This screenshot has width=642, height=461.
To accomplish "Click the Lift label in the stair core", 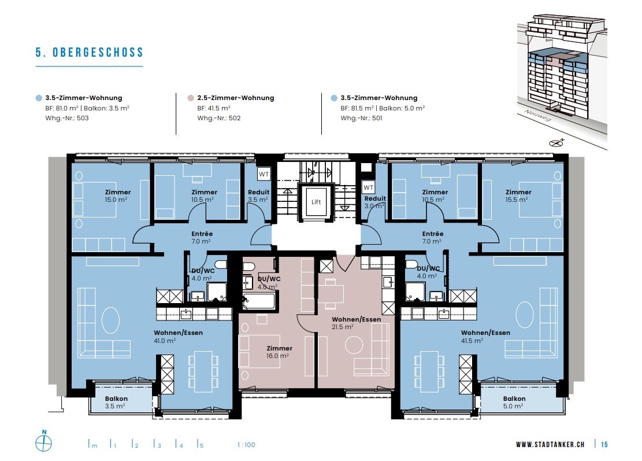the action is coord(316,202).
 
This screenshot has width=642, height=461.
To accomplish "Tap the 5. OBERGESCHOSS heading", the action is coord(89,53).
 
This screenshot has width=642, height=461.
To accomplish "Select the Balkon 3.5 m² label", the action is coord(116,402).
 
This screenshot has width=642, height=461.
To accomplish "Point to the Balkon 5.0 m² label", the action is coord(514,403).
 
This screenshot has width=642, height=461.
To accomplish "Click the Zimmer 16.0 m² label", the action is coord(279,352).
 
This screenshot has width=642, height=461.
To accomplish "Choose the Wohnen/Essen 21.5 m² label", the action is coord(356,323).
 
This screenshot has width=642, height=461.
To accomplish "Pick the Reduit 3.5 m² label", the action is coord(258,196).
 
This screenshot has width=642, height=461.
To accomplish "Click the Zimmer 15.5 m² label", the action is coord(518,196).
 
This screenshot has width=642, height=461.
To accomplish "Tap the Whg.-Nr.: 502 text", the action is coord(218,118).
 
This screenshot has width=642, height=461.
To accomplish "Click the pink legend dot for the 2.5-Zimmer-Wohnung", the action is coord(190,98).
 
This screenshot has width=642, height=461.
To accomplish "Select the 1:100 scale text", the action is coord(246,445).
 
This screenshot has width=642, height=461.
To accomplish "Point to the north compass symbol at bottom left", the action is coord(44,443).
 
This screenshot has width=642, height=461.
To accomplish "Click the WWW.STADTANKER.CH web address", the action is coord(550,445).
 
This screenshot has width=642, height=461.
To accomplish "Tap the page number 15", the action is coord(604,445).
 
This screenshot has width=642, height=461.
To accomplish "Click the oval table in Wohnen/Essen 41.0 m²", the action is coord(110,320).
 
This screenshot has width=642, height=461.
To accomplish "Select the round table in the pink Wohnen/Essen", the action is coord(354,345).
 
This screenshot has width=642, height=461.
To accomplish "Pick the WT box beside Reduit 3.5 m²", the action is coord(264,174).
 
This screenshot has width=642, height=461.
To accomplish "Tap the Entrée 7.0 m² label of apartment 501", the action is coord(432,238).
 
